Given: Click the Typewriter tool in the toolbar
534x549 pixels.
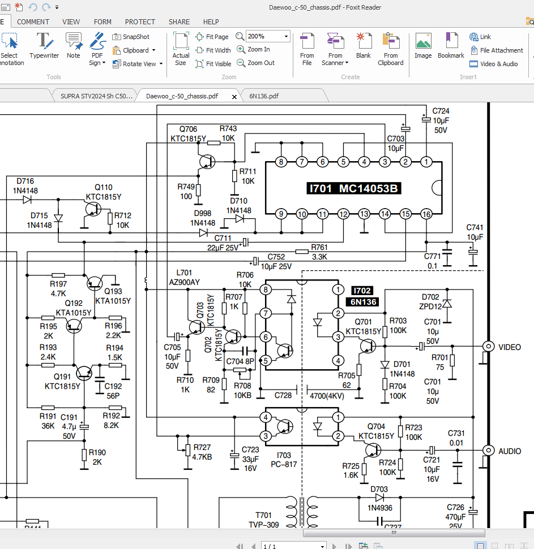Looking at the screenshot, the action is pos(44,45).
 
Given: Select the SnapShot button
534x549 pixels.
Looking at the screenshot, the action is pos(131,37).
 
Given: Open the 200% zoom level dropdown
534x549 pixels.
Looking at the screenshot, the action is pos(286,36).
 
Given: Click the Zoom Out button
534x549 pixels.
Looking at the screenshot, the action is pos(255,63).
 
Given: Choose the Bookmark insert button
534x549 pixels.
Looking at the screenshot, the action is pos(451,45).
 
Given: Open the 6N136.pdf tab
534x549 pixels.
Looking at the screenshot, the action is pos(264,96).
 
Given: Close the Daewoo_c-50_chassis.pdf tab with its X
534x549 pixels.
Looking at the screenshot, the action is pos(234,97).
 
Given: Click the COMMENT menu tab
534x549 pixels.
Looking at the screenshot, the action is pos(33,21).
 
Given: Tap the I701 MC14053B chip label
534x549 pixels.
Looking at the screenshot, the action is pos(353,188).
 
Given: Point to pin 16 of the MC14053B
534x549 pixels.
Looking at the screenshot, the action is pos(426,214).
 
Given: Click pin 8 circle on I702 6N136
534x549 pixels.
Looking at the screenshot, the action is pos(266,290).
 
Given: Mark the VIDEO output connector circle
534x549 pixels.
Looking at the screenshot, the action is pos(488,346).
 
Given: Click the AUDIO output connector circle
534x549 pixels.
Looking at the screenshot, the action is pos(488,450).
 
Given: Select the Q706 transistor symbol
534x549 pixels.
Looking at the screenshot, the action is pos(207,162).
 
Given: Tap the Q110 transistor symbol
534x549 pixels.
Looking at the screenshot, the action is pos(93,209).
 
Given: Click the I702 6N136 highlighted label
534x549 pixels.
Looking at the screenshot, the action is pos(363,296).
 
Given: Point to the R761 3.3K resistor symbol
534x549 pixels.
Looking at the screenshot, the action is pos(302,252).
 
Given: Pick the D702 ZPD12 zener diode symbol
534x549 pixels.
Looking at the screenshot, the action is pos(447,304).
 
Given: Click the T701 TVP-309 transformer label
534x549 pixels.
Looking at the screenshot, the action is pos(263,520).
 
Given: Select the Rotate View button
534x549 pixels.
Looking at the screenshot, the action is pos(138,64).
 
